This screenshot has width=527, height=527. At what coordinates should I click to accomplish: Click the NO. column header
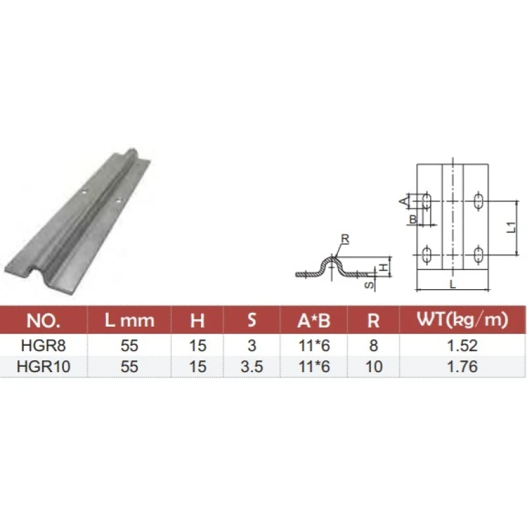pos(43,320)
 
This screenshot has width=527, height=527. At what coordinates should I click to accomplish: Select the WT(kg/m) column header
pos(462,319)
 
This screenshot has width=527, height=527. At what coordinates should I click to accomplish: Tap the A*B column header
pos(314,321)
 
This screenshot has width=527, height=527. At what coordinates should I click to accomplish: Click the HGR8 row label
pos(43,345)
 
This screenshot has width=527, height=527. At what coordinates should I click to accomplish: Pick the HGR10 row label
pos(43,366)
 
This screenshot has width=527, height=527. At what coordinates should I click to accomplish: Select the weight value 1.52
pos(462,345)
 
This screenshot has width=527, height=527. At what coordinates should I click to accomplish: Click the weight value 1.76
pos(462,366)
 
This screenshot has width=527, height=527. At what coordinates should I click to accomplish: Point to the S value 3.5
pos(252,366)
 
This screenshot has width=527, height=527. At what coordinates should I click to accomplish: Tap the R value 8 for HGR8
pos(374,345)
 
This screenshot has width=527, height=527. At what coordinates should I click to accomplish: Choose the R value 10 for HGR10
pos(374,366)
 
